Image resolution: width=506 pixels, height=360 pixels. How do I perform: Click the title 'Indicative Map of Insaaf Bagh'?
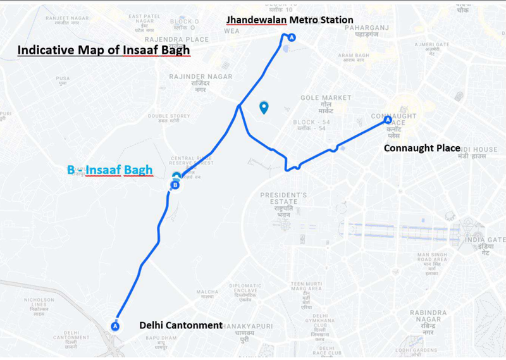104,50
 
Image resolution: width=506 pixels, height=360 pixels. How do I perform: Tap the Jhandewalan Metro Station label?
290,20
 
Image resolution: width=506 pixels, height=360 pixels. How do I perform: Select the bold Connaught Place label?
422,148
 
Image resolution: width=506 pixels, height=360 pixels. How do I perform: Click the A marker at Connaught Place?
388,119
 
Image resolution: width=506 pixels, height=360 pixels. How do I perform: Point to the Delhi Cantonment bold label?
181,325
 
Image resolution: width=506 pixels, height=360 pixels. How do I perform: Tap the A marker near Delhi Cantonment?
115,326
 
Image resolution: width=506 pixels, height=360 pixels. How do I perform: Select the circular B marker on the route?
175,185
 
